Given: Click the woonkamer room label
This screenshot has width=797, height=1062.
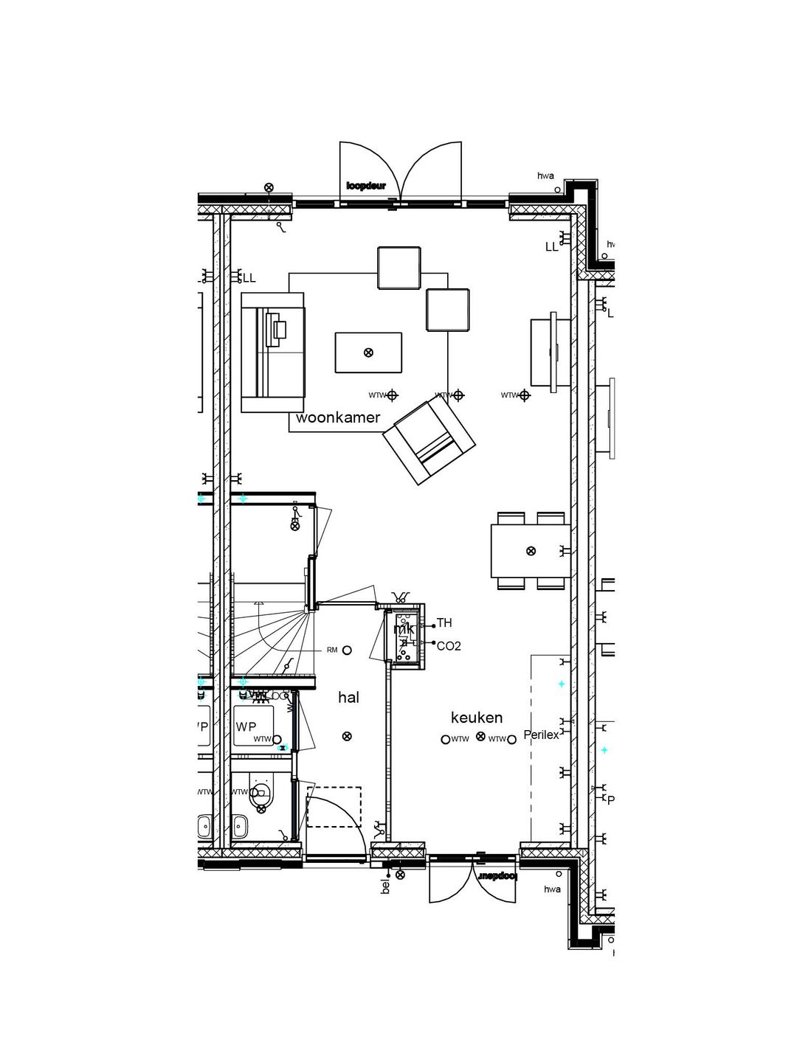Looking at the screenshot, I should point(338,418).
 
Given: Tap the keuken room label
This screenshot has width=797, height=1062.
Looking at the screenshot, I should point(477,717).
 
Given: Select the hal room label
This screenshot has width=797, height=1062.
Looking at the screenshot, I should point(348,697).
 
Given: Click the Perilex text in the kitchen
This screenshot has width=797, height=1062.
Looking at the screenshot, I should point(541,735).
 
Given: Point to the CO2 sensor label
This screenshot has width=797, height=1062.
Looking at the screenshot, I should point(449,646).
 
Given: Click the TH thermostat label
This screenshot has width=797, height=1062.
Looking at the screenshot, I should point(444,623).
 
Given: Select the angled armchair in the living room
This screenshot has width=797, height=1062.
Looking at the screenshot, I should point(429,441).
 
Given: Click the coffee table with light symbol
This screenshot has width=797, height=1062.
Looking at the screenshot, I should point(368,353).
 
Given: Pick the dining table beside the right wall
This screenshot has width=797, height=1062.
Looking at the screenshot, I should point(530,551).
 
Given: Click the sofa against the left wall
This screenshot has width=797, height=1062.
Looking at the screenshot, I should point(272,352).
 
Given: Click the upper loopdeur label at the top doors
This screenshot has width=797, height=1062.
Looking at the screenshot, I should point(366,186).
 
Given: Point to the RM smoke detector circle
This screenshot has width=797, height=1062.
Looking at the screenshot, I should point(347,650).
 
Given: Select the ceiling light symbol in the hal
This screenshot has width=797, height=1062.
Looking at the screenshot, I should point(347,736).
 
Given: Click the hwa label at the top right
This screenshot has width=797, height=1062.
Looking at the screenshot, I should point(545,176).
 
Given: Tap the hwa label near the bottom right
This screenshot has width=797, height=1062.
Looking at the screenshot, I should point(552,889).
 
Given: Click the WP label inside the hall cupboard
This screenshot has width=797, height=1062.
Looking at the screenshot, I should point(246,726).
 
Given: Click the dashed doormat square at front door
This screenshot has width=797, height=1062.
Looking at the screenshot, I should point(334,807).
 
